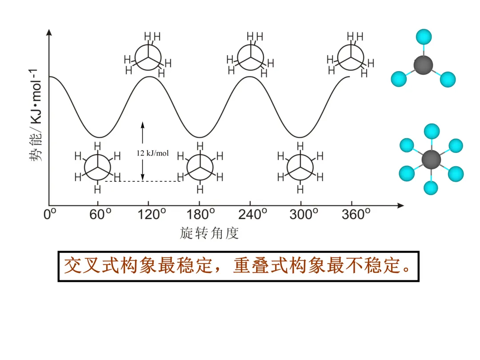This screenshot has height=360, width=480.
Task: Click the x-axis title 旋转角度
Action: [x=209, y=233]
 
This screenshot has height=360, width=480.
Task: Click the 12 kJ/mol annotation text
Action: [x=152, y=153]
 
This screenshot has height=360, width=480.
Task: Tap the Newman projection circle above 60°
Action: [x=97, y=167]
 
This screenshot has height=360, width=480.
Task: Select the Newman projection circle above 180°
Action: [x=200, y=167]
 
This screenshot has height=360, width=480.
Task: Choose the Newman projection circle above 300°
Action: [x=300, y=167]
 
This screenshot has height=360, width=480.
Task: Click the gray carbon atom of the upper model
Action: [x=423, y=65]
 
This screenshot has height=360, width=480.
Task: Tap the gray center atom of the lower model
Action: [x=431, y=159]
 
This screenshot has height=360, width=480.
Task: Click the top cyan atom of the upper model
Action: [x=424, y=36]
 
